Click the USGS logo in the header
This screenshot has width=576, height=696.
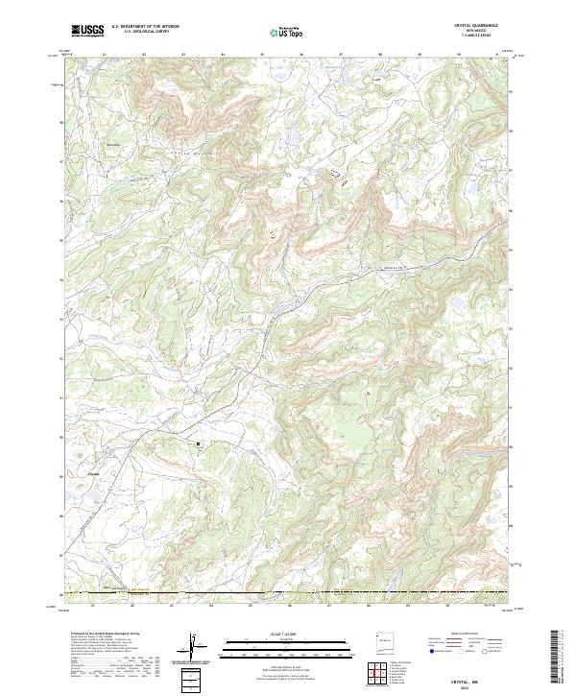87,32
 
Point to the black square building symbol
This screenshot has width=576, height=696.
200,444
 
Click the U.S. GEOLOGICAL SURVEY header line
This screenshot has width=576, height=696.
144,34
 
